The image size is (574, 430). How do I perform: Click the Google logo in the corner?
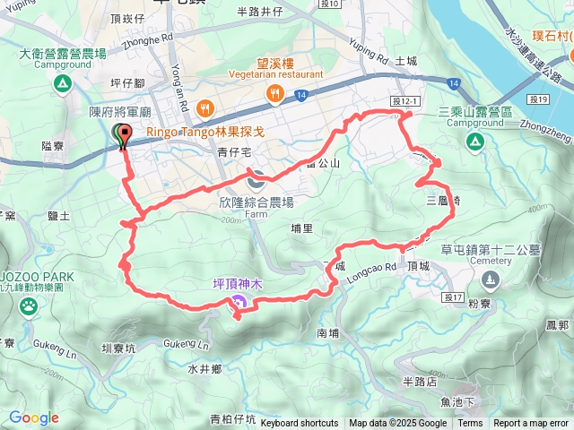pyautogui.click(x=34, y=417)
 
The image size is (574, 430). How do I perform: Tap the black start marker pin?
pyautogui.click(x=121, y=135)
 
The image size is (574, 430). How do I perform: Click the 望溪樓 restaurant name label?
pyautogui.click(x=275, y=64)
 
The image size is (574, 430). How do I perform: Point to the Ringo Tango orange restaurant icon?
pyautogui.click(x=206, y=107)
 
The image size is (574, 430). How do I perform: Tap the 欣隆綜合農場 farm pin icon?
pyautogui.click(x=256, y=177)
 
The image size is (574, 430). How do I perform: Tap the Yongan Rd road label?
pyautogui.click(x=178, y=85)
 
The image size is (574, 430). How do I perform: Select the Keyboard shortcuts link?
pyautogui.click(x=300, y=423)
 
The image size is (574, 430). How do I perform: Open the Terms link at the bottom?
pyautogui.click(x=470, y=423)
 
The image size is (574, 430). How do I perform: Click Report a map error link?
pyautogui.click(x=530, y=423)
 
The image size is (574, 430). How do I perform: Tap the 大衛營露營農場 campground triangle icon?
pyautogui.click(x=62, y=84)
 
